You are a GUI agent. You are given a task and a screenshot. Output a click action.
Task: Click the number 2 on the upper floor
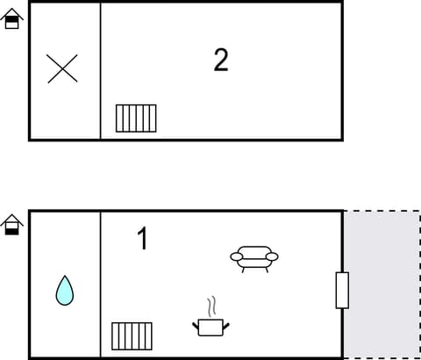[x=221, y=60]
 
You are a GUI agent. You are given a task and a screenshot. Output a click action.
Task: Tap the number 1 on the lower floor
[x=142, y=238]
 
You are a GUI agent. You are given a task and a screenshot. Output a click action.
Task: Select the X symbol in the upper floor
[x=62, y=68]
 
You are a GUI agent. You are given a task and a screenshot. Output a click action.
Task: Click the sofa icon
[x=254, y=257]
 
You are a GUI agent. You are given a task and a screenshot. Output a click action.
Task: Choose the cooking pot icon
[x=210, y=327]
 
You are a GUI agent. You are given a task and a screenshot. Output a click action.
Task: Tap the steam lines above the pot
[x=210, y=307]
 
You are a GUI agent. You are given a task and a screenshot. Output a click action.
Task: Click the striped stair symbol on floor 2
[x=136, y=118]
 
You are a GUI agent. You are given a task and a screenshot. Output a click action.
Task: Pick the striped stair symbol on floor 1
[x=132, y=335]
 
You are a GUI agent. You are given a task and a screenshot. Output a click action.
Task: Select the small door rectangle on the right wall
[x=342, y=290]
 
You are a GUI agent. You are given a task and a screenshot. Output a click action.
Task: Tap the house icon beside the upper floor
[x=11, y=18]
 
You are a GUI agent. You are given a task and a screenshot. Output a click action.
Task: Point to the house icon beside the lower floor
[x=11, y=225]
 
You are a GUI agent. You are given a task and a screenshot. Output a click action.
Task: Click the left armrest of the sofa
[x=237, y=256]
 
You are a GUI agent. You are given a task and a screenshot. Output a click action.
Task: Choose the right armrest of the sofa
[x=272, y=256]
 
